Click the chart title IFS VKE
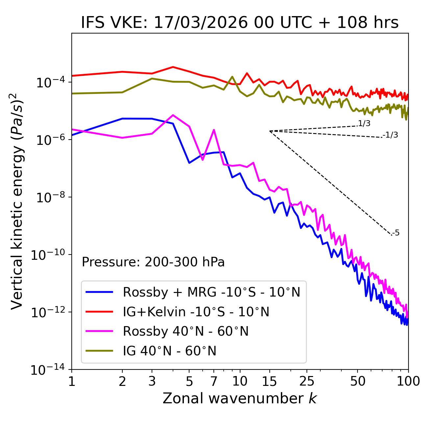click(x=239, y=23)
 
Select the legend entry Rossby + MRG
click(x=211, y=292)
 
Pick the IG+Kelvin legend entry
click(x=196, y=312)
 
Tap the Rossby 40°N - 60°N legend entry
click(x=186, y=331)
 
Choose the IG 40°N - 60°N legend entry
click(x=169, y=351)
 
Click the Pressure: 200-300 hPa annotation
click(x=153, y=262)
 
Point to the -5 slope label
click(x=396, y=233)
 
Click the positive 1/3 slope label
click(x=364, y=123)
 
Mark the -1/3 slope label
click(x=390, y=135)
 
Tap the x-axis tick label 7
click(x=214, y=381)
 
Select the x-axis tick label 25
click(x=307, y=381)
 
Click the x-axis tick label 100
click(x=408, y=381)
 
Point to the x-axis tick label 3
click(x=152, y=381)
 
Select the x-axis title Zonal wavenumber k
click(x=239, y=398)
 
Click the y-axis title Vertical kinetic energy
click(x=18, y=201)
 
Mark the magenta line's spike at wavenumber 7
click(x=214, y=130)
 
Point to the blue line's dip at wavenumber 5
click(x=189, y=163)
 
